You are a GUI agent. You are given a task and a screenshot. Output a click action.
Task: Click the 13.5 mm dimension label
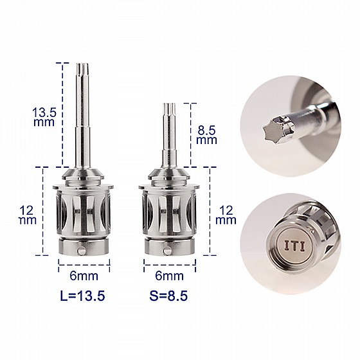pyautogui.click(x=44, y=117)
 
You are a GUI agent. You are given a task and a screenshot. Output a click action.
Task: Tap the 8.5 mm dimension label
pyautogui.click(x=207, y=135)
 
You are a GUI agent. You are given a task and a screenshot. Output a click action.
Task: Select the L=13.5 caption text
pyautogui.click(x=83, y=296)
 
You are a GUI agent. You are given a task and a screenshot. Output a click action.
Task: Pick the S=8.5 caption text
pyautogui.click(x=168, y=296)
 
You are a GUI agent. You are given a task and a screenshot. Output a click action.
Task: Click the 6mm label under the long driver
pyautogui.click(x=84, y=276)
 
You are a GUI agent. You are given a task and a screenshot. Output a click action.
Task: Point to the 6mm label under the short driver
pyautogui.click(x=170, y=276)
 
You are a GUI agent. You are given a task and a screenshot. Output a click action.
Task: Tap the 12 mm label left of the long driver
pyautogui.click(x=28, y=215)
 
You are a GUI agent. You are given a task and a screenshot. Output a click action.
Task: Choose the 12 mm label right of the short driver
pyautogui.click(x=226, y=215)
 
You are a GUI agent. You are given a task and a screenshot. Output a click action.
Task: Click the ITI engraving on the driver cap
pyautogui.click(x=294, y=246)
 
